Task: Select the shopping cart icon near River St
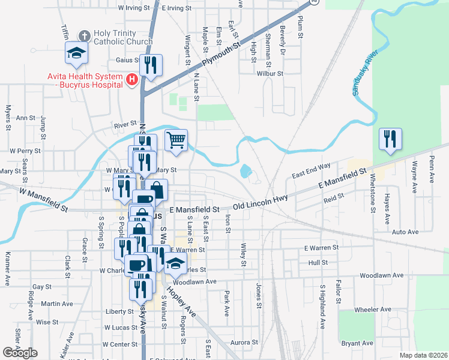(176, 140)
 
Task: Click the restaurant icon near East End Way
(390, 139)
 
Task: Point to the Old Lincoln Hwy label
(261, 202)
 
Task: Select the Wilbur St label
(270, 73)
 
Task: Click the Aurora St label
(244, 342)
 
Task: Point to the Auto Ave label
(405, 232)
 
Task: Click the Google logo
(20, 353)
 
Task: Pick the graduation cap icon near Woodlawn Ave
(176, 263)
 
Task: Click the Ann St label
(26, 118)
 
